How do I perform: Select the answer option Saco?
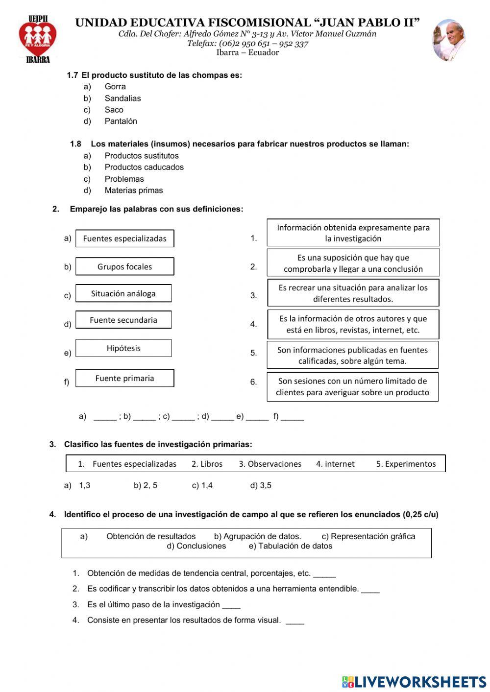[114, 110]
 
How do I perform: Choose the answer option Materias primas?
[133, 191]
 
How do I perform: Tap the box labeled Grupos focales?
[124, 266]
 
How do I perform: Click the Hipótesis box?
[123, 348]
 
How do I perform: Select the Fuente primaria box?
[124, 378]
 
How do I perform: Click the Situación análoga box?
[123, 293]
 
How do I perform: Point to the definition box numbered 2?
[353, 263]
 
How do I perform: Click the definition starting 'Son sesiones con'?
[352, 386]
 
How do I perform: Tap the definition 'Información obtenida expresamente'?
[353, 233]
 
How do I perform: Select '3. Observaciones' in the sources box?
[270, 464]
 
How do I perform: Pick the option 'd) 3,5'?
[261, 485]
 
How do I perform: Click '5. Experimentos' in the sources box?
[406, 464]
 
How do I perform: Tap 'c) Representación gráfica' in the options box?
[368, 536]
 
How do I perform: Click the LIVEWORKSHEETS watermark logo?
[414, 681]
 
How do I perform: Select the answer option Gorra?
[115, 87]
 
